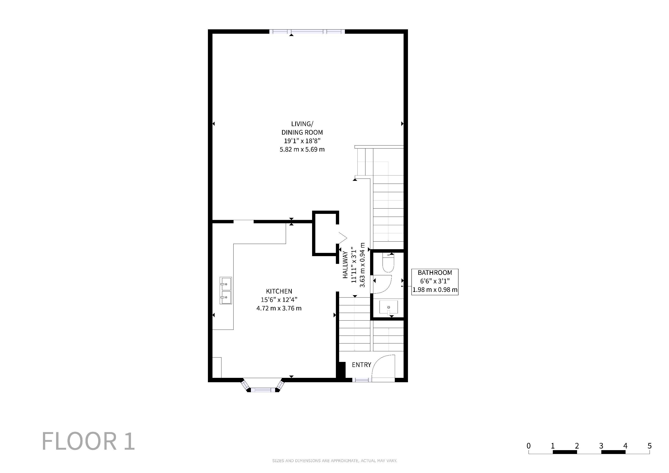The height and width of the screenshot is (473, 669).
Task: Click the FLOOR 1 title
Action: (x=88, y=441)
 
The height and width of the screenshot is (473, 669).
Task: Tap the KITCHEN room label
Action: (x=279, y=291)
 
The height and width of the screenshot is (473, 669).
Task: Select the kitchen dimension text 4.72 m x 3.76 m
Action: (x=279, y=308)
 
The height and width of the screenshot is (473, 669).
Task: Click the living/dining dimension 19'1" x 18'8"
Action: (x=302, y=141)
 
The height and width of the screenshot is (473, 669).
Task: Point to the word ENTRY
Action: (x=361, y=365)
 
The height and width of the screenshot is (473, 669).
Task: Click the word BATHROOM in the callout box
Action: (x=435, y=273)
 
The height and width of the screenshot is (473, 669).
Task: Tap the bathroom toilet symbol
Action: (x=388, y=263)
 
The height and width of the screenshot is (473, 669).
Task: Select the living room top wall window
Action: (x=307, y=31)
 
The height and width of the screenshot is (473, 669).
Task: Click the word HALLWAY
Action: (x=345, y=265)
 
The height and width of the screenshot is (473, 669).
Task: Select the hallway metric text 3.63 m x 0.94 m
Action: (x=362, y=265)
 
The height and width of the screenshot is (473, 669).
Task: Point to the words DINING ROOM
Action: (x=302, y=132)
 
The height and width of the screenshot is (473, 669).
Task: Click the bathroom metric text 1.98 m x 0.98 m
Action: (x=435, y=290)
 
